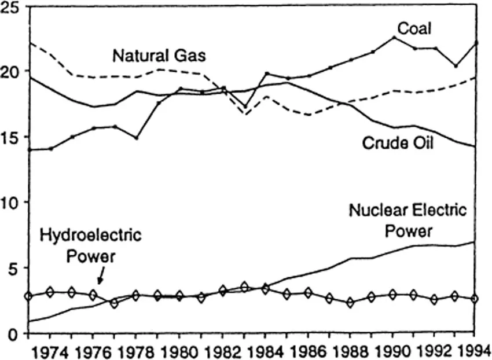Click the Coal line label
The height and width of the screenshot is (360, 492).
tap(414, 28)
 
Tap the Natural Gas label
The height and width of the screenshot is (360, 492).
tap(160, 56)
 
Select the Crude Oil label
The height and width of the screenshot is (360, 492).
tap(398, 142)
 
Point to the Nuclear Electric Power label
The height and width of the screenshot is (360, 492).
tap(407, 220)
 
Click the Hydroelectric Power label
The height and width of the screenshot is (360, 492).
tap(91, 246)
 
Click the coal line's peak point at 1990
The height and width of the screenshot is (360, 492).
tap(394, 37)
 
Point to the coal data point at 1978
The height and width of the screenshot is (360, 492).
tap(136, 138)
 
